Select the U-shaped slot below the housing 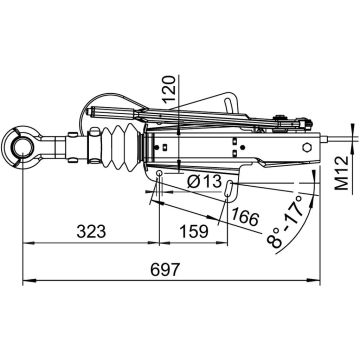(x=230, y=187)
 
